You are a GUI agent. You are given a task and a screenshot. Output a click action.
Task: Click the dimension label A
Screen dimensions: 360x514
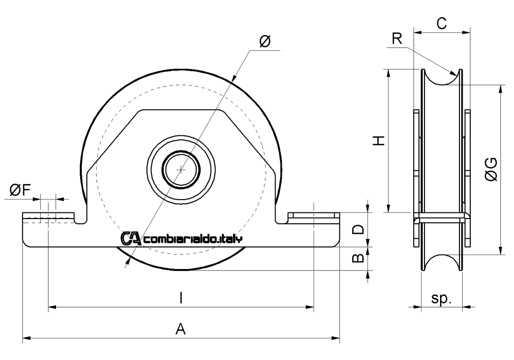180,328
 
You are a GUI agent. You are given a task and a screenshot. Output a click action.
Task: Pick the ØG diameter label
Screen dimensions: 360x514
490,170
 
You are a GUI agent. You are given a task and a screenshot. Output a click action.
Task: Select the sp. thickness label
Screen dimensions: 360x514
442,299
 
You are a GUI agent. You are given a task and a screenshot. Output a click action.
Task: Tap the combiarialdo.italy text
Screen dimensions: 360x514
194,239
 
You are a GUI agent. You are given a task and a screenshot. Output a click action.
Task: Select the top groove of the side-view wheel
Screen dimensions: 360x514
442,77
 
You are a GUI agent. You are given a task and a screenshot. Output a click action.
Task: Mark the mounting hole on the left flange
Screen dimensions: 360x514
48,219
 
